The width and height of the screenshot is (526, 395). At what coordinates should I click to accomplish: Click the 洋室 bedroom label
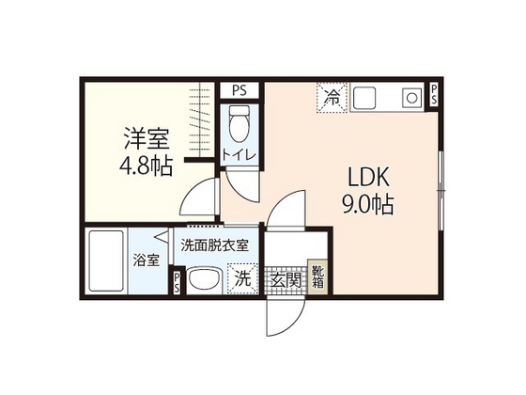coord(147,138)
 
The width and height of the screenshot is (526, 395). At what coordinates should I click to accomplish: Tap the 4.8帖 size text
coord(147,166)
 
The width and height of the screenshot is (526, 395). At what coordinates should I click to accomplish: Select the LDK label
coord(368,177)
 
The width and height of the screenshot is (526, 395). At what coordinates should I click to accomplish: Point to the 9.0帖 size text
coord(367,204)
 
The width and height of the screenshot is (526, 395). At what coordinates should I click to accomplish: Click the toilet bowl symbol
coord(240,122)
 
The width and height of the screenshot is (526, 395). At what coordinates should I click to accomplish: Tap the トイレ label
coord(239,155)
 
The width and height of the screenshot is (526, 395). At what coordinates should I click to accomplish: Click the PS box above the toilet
coord(240,90)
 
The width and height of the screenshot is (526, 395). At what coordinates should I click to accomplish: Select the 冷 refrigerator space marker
coord(332,98)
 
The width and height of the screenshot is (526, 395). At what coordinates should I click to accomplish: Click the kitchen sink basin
coord(364,98)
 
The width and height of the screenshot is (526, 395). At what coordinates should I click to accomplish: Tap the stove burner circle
coord(412,98)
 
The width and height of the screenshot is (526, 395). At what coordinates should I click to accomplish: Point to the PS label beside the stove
coord(434,94)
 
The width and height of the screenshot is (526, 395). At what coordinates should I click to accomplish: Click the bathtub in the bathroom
coord(105,261)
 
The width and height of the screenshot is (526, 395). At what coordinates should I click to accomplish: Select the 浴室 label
coord(147,261)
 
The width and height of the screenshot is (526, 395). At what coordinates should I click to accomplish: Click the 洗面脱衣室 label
coord(215,245)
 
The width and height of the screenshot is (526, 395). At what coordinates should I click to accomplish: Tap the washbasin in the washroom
coord(204,280)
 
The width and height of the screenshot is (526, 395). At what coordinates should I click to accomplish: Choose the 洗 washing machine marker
coord(242,278)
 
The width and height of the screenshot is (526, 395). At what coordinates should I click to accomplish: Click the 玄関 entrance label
coord(286,280)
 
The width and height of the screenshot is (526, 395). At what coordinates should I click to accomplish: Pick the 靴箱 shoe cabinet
coord(318,276)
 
